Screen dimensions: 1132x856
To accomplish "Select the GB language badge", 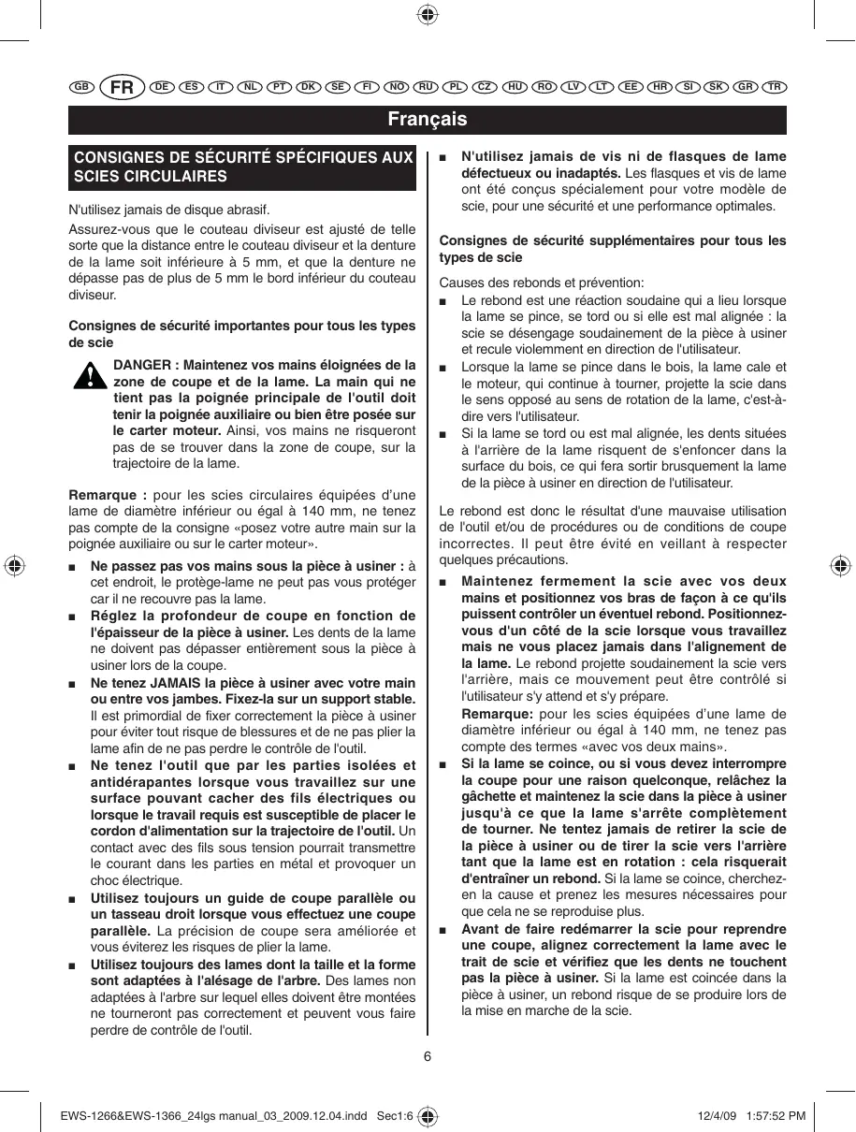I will (80, 87).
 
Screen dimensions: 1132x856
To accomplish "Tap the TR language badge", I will (774, 87).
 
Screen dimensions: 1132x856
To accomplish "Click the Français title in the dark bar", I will (428, 120).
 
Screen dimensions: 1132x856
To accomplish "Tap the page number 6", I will (427, 1057).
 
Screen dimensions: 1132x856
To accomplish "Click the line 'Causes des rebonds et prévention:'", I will (542, 283).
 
